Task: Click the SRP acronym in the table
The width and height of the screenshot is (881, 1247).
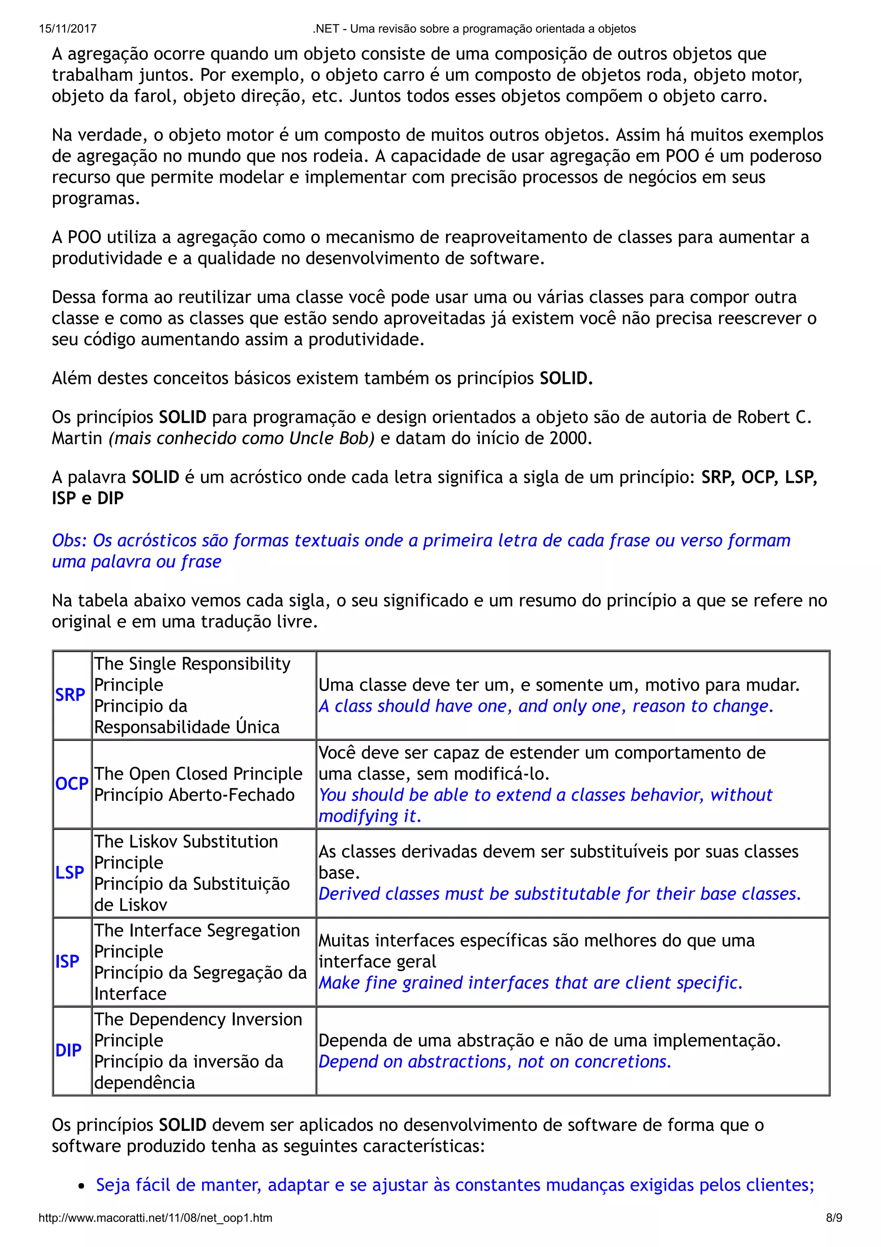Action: [70, 694]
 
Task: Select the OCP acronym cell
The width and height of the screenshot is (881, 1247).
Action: [72, 784]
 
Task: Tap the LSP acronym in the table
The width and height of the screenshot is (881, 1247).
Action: [70, 872]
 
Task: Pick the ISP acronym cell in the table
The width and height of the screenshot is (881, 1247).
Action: [67, 961]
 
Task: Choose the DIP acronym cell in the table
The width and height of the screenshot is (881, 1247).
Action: [68, 1050]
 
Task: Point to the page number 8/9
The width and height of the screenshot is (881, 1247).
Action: [834, 1218]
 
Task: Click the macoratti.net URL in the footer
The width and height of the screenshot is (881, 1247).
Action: [155, 1218]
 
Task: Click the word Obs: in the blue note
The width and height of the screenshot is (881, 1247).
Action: [70, 540]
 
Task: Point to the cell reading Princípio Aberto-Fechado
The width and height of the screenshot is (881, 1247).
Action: [194, 795]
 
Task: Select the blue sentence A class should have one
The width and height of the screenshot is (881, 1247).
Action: [545, 706]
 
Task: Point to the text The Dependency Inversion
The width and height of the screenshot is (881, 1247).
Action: [197, 1019]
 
